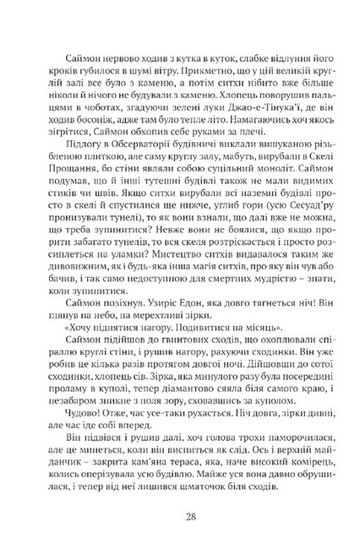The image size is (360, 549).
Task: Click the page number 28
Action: coord(180,516)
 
